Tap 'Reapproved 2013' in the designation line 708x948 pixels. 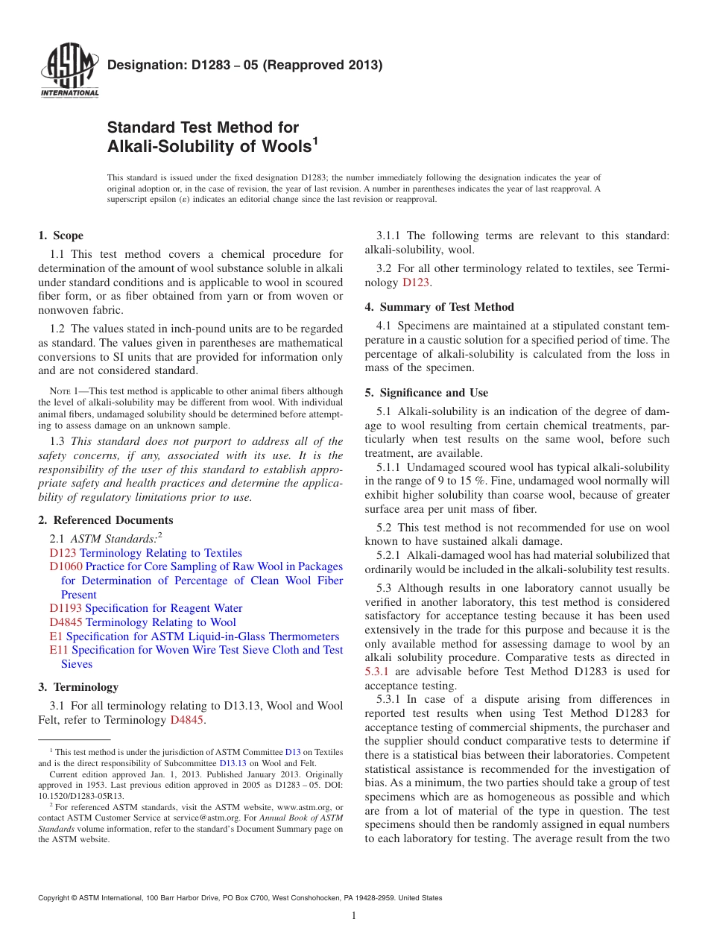322,65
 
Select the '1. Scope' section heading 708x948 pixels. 60,236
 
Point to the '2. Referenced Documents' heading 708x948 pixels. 106,520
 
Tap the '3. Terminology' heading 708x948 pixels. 78,687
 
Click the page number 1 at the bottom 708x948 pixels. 354,916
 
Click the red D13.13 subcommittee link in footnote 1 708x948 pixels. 233,763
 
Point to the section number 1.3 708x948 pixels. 58,441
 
